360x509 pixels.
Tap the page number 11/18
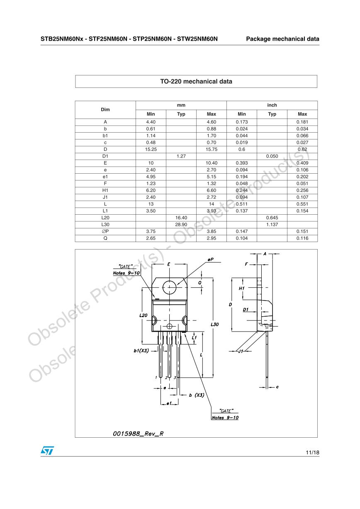pyautogui.click(x=312, y=452)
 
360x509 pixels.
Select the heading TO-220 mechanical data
pyautogui.click(x=196, y=81)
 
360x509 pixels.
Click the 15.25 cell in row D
pyautogui.click(x=151, y=149)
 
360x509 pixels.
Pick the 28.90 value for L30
pyautogui.click(x=181, y=225)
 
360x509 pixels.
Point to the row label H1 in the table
pyautogui.click(x=105, y=190)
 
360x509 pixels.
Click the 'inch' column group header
pyautogui.click(x=272, y=105)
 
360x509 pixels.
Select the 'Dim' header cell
pyautogui.click(x=105, y=109)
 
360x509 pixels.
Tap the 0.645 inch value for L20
pyautogui.click(x=272, y=218)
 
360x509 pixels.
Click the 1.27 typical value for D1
pyautogui.click(x=181, y=156)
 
